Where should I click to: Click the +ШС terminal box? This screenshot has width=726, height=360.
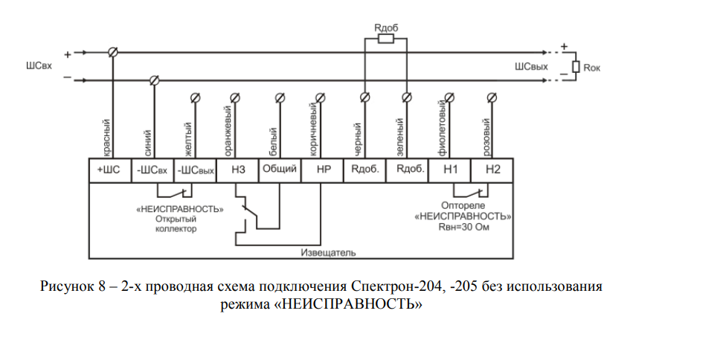[x=110, y=171]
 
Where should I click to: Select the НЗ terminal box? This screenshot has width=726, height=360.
[x=237, y=171]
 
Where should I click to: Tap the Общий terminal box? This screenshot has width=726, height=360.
[x=280, y=171]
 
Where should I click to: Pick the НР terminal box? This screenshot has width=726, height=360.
[x=322, y=171]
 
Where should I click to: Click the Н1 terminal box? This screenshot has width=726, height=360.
[x=449, y=171]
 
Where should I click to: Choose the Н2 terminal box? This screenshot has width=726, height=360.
[x=492, y=171]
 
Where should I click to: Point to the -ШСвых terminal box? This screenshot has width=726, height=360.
[x=195, y=171]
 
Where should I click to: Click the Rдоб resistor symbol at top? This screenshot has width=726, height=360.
[x=385, y=39]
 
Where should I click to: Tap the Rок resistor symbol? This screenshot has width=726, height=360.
[x=576, y=67]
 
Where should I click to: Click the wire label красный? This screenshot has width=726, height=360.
[x=106, y=138]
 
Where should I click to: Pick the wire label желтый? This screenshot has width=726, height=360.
[x=188, y=139]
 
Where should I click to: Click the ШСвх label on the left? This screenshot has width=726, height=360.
[x=39, y=65]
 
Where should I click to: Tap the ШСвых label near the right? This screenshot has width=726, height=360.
[x=531, y=67]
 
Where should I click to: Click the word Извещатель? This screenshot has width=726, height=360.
[x=328, y=253]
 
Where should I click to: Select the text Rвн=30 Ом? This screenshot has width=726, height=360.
[x=463, y=228]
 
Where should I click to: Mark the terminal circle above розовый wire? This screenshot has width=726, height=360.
[x=492, y=97]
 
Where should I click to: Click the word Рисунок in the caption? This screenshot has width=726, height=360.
[x=67, y=287]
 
